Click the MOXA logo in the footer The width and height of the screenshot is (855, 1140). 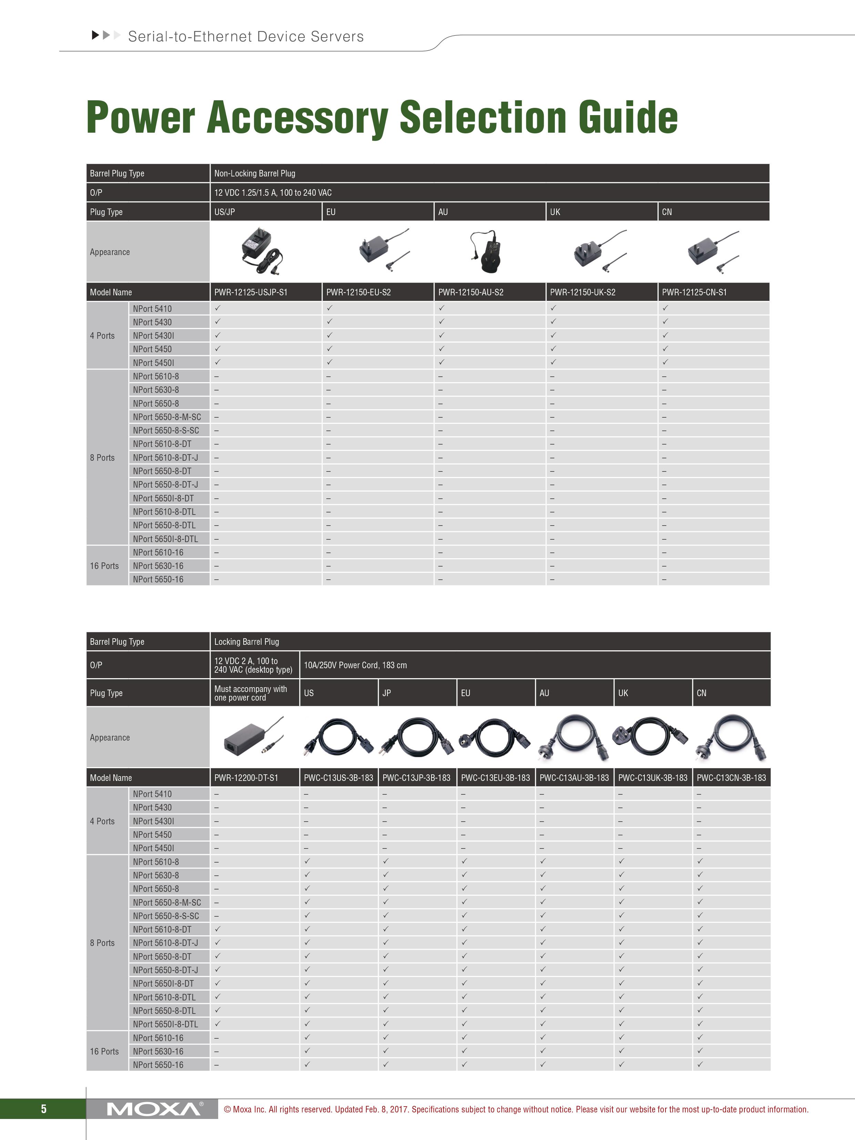tap(154, 1109)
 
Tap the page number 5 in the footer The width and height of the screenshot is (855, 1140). tap(44, 1109)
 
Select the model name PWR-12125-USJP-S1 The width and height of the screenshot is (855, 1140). tap(251, 292)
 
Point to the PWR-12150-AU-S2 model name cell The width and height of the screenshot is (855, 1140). tap(470, 292)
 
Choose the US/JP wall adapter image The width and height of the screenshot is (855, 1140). tap(262, 252)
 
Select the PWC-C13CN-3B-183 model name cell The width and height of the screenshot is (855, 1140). tap(731, 778)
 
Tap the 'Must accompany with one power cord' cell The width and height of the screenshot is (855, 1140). tap(251, 693)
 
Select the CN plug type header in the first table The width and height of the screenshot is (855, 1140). tap(667, 212)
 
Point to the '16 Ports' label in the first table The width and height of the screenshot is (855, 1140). tap(105, 566)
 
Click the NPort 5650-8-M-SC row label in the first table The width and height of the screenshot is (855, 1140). tap(167, 417)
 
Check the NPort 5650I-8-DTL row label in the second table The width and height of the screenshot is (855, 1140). tap(165, 1024)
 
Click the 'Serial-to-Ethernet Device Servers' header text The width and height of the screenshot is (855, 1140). tap(246, 37)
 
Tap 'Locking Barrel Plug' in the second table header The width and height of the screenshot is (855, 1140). tap(246, 642)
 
